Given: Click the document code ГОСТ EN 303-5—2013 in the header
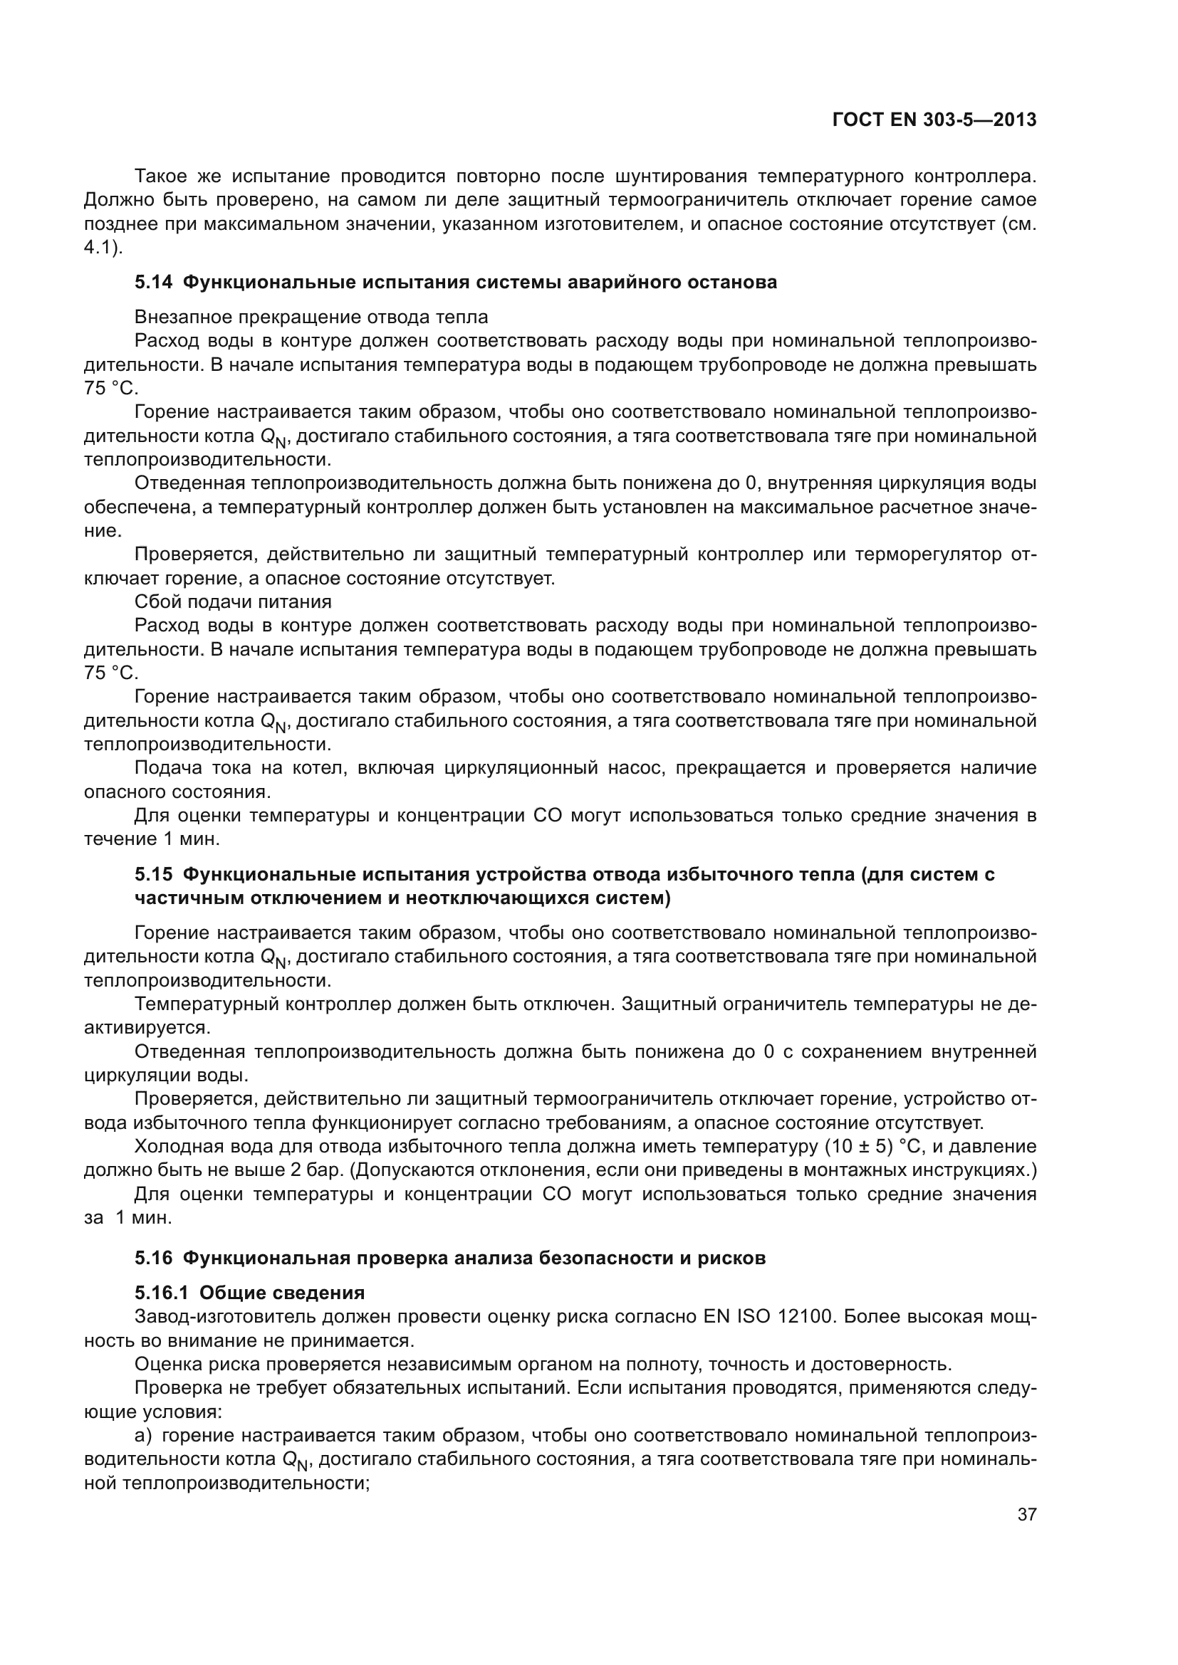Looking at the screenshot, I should [x=934, y=120].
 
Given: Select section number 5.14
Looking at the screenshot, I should [x=153, y=282].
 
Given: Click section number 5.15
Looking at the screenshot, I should [x=153, y=875].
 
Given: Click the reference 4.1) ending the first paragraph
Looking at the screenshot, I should [x=103, y=247].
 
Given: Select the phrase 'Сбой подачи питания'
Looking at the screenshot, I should [x=233, y=602].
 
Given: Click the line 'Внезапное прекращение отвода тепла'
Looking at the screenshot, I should [x=311, y=317].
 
